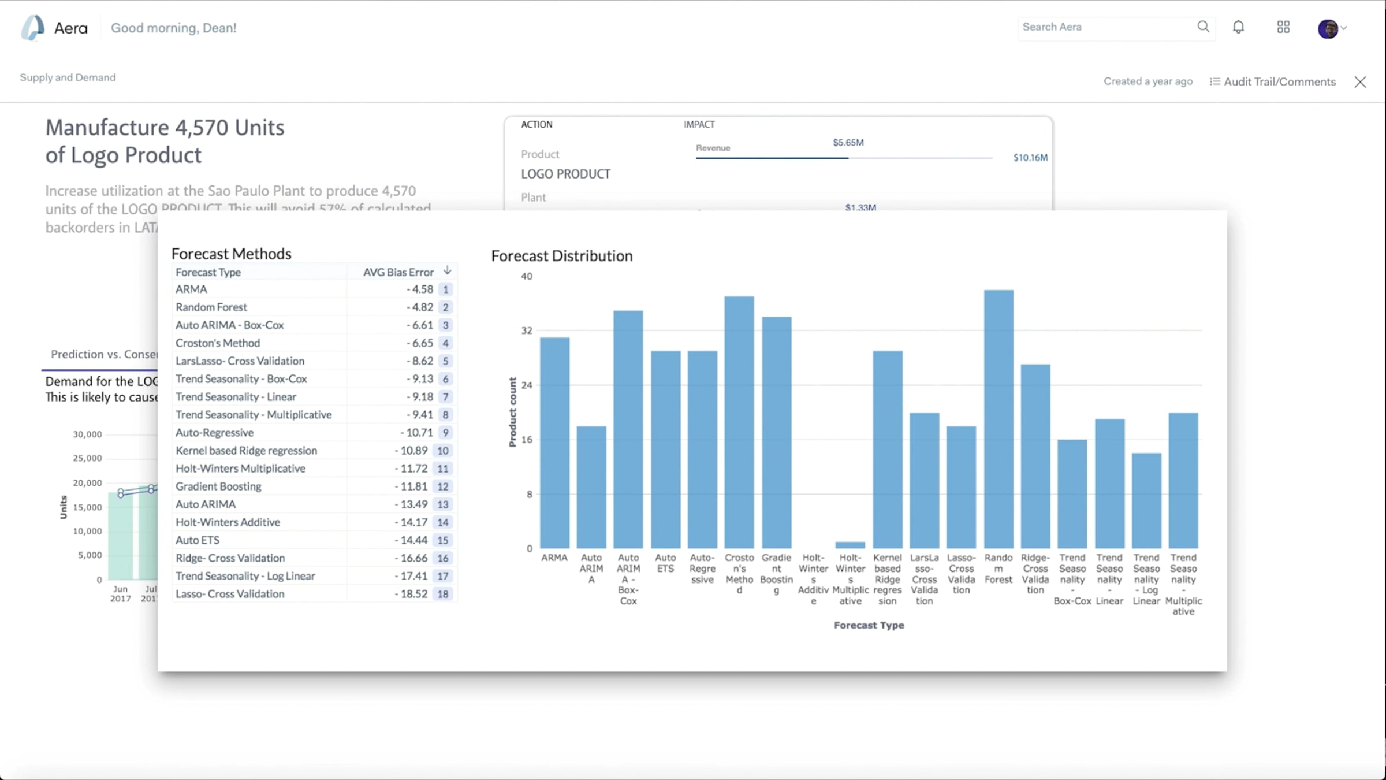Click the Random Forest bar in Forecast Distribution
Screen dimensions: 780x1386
coord(998,419)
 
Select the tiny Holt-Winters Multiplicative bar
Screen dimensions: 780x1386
coord(850,545)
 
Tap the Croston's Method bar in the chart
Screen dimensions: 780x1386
coord(739,422)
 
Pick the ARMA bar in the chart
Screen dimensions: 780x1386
coord(554,443)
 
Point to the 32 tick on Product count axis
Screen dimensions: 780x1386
coord(527,330)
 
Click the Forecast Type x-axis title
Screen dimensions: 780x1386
coord(869,625)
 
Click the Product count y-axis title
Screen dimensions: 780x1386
coord(512,412)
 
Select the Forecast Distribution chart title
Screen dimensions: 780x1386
coord(561,256)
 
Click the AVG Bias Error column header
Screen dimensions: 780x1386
coord(398,272)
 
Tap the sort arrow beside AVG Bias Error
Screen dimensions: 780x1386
coord(448,270)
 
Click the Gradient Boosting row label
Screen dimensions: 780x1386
coord(218,486)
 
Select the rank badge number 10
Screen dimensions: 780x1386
coord(443,451)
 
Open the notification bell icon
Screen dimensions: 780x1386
coord(1238,27)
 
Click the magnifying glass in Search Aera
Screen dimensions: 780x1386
coord(1203,27)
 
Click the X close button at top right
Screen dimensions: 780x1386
coord(1360,82)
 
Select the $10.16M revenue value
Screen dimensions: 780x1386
coord(1030,158)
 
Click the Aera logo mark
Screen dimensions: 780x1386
coord(32,28)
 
